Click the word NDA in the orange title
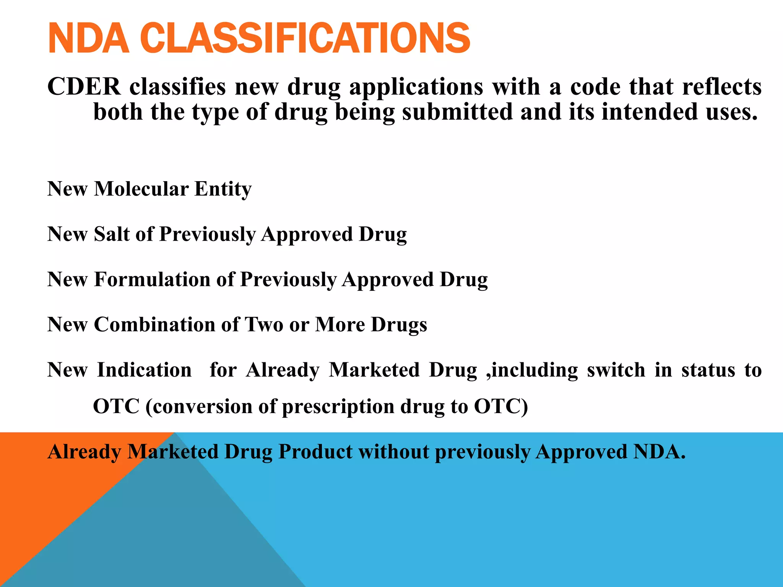coord(89,38)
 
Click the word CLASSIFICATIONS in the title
coord(305,38)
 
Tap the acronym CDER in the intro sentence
coord(84,87)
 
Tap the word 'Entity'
coord(223,189)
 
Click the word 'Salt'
coord(112,234)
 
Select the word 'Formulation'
coord(152,279)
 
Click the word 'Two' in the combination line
coord(263,324)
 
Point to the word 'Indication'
coord(145,370)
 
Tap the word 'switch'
coord(616,370)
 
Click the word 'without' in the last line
coord(393,452)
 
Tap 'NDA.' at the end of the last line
coord(660,452)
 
